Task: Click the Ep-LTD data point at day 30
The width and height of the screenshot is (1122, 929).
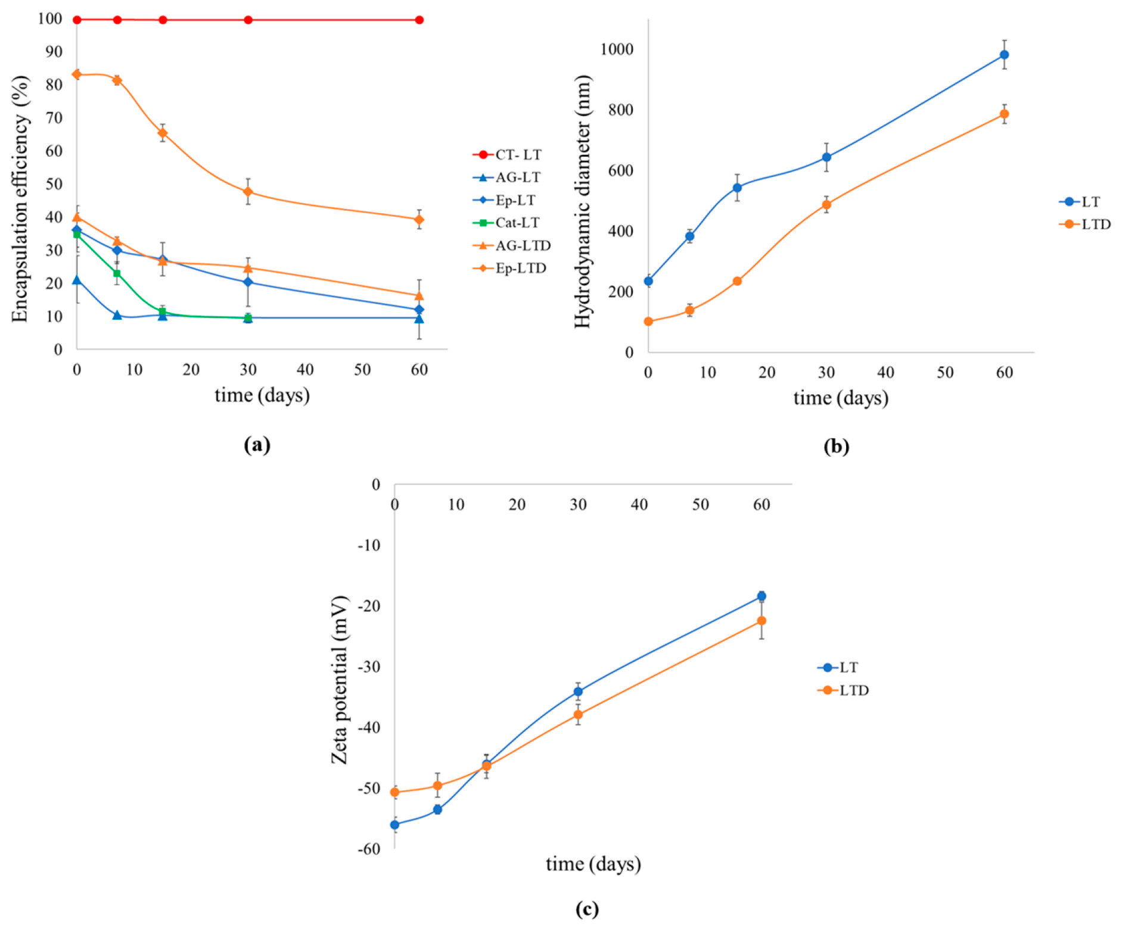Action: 248,192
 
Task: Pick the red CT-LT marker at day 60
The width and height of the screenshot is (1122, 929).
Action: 419,20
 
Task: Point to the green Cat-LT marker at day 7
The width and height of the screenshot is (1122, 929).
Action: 117,273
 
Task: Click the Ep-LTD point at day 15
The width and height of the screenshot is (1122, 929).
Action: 162,133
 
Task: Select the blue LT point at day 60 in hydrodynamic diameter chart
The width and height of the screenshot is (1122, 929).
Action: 1004,55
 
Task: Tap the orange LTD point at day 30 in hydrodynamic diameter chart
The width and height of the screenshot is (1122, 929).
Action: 826,205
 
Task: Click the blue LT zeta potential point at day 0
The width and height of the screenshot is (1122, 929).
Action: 394,825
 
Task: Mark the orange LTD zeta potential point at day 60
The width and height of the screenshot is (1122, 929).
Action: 762,621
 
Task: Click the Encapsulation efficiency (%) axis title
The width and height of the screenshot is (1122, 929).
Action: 20,199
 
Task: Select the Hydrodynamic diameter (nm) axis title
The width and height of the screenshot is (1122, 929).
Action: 582,201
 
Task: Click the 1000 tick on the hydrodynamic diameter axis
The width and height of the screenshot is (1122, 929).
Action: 617,49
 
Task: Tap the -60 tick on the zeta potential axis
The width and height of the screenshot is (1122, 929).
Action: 369,849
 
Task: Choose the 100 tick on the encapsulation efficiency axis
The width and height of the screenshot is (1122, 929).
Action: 50,18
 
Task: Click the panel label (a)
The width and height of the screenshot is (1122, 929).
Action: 257,445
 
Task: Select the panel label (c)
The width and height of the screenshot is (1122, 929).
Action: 588,909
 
